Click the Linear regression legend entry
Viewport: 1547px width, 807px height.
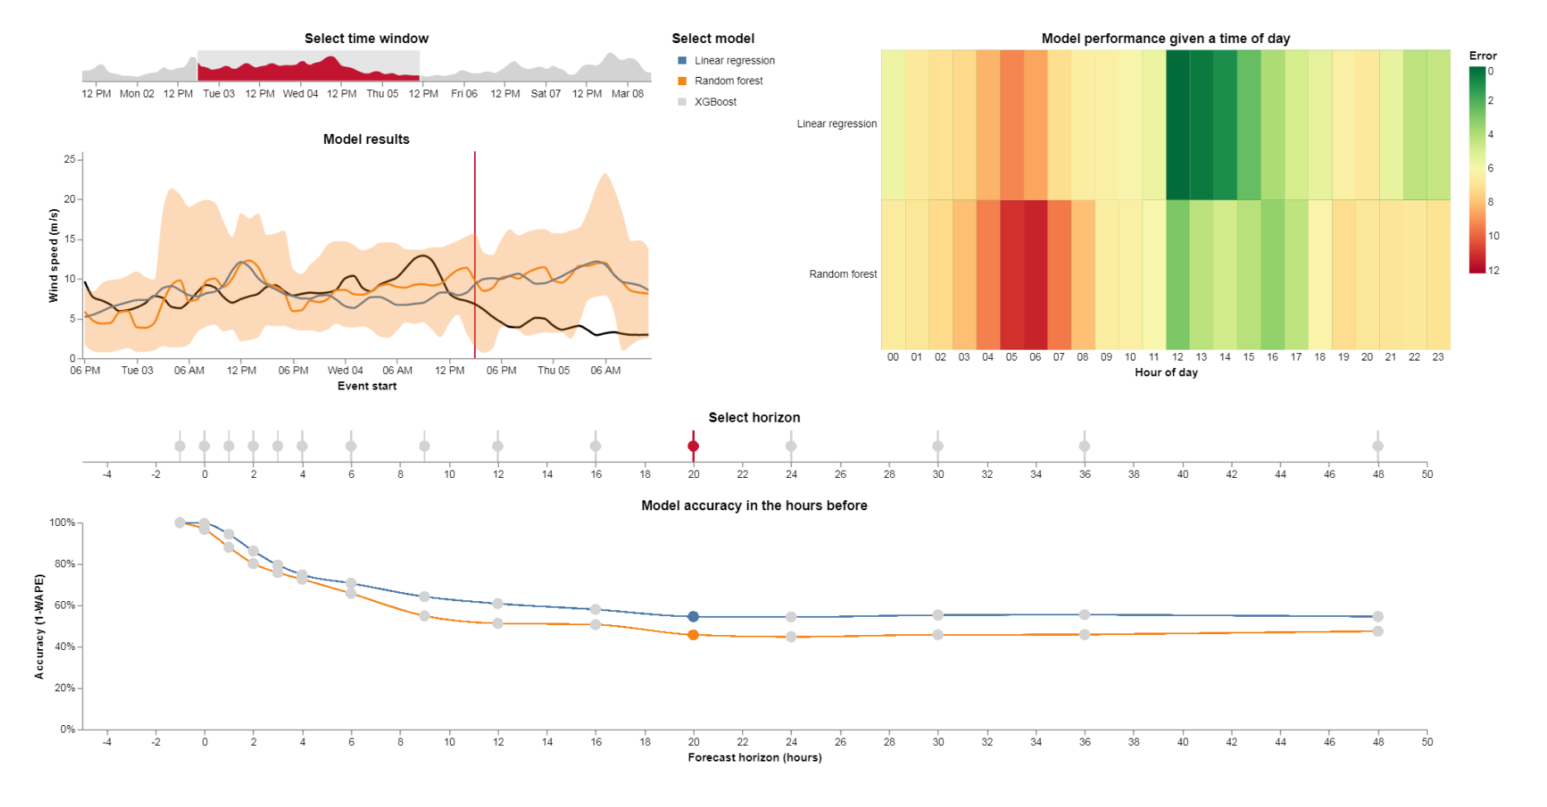734,60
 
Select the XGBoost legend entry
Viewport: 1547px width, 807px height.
715,102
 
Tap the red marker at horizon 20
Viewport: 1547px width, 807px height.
693,446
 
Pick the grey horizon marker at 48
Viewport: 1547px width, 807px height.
1377,446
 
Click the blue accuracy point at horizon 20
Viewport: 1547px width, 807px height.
693,617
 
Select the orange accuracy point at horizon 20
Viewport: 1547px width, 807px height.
693,635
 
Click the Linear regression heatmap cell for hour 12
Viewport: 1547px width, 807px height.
1178,124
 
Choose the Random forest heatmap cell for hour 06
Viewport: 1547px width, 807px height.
1035,275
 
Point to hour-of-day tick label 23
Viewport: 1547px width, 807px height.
1438,357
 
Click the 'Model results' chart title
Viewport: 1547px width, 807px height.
366,140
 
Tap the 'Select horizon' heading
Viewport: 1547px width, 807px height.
754,418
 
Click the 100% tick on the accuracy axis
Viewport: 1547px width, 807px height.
62,523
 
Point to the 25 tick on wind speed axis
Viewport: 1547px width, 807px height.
69,160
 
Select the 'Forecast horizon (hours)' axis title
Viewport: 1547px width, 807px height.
754,757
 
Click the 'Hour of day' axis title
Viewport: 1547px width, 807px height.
1166,373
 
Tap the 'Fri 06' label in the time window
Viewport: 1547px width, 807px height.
464,94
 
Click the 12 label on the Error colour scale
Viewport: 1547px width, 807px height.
1493,270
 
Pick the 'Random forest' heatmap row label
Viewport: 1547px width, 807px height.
842,275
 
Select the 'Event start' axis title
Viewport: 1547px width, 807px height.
366,386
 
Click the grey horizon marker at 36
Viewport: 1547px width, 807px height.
1084,446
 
